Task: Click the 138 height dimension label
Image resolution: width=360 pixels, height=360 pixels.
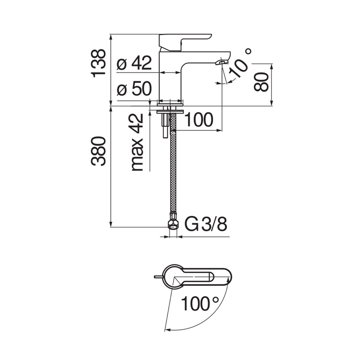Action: pos(99,63)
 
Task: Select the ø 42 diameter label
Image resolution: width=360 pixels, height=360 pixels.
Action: pos(134,64)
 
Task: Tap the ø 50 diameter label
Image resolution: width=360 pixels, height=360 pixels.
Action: pos(134,89)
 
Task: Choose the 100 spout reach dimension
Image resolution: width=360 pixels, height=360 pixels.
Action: pos(199,120)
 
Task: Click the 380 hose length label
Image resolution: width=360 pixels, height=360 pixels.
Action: pos(99,151)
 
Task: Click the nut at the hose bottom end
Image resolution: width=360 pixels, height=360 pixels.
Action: pos(173,223)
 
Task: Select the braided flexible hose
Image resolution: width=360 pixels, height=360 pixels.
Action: pos(173,169)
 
